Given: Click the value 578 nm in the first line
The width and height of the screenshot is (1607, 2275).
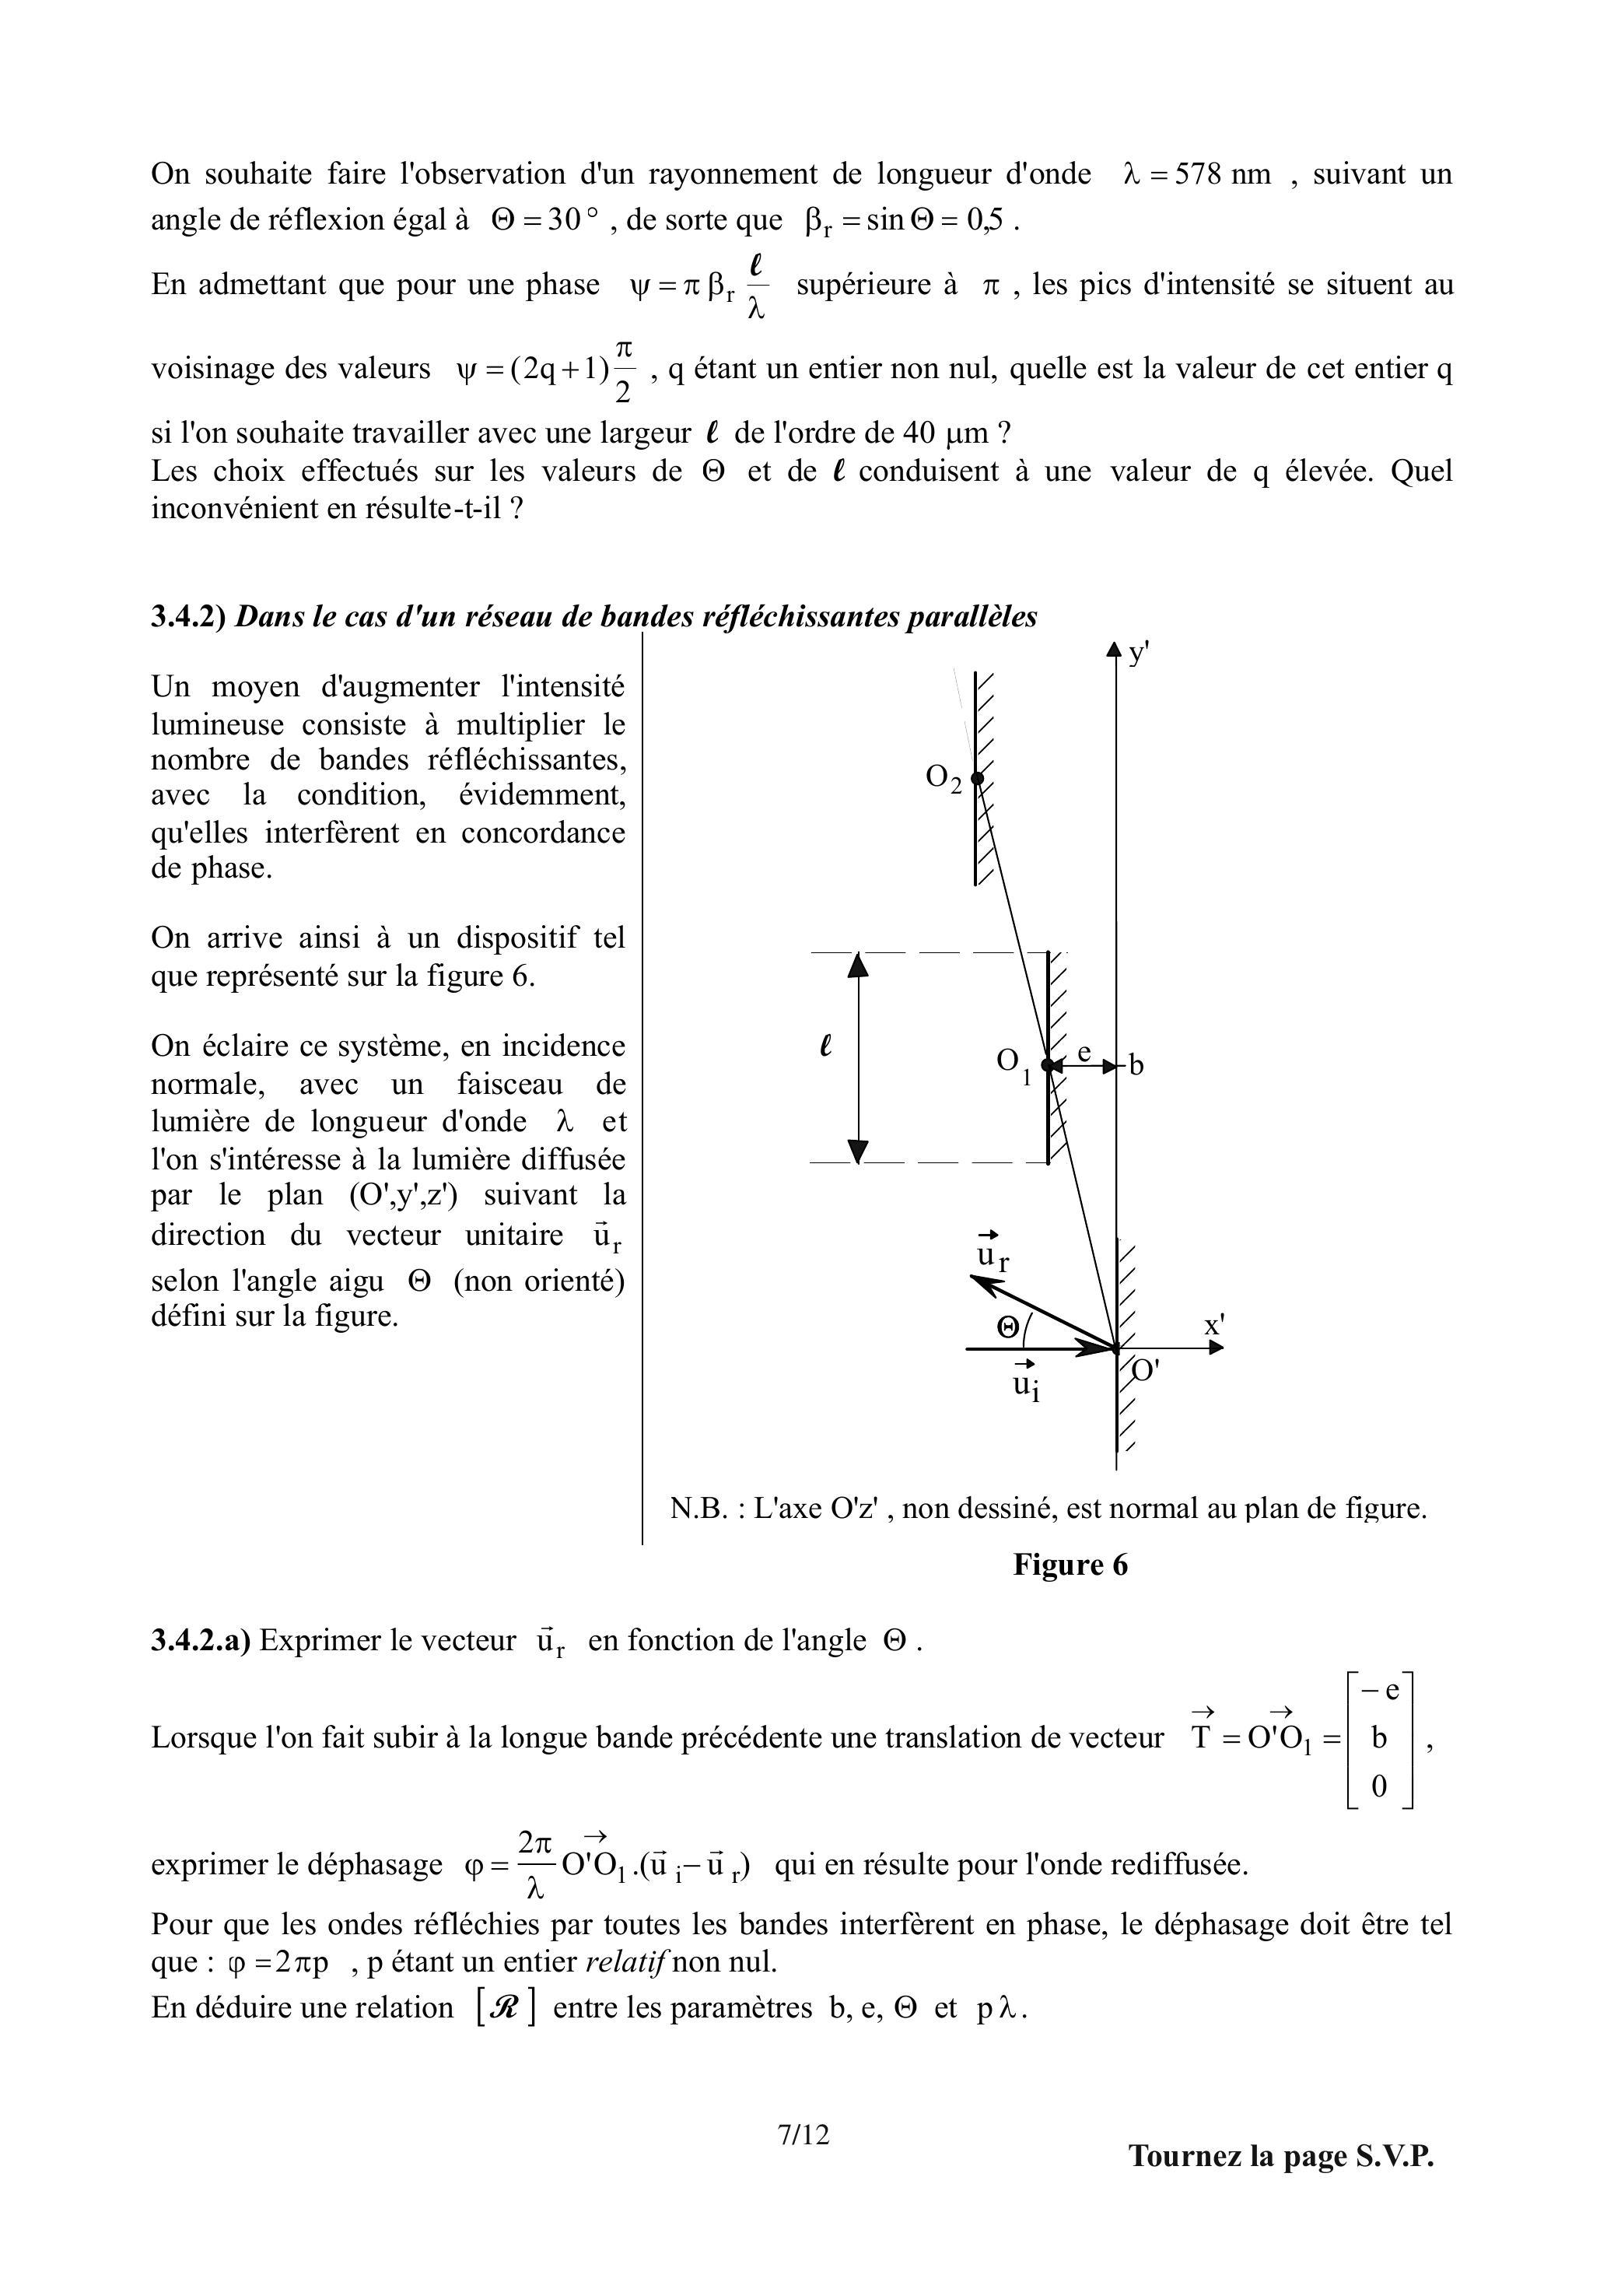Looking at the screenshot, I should [x=1222, y=174].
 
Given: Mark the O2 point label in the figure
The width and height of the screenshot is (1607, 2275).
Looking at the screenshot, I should [x=944, y=778].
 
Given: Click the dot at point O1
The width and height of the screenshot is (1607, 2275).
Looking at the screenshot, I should [x=1049, y=1065].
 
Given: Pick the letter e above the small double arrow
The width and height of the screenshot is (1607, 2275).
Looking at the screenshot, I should [x=1084, y=1051].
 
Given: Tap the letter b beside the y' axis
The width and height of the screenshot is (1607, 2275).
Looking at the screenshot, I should [x=1136, y=1065].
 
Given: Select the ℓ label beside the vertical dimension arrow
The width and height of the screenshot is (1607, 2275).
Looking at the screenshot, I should [x=825, y=1046].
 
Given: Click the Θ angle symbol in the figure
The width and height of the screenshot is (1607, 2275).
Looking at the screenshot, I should [x=1007, y=1328].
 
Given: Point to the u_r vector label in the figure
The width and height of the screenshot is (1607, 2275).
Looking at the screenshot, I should [x=992, y=1254].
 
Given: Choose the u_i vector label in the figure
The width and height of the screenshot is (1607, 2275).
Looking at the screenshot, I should [x=1025, y=1383].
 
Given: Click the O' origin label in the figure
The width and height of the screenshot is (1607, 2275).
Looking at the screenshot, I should [x=1145, y=1370].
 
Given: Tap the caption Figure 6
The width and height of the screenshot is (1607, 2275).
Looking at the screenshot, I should [x=1070, y=1565].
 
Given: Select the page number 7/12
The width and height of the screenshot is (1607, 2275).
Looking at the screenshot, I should [x=803, y=2133].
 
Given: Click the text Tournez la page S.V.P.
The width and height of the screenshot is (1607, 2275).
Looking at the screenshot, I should [x=1281, y=2156].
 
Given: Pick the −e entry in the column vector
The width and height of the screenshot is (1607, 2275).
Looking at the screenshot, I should [x=1379, y=1691].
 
